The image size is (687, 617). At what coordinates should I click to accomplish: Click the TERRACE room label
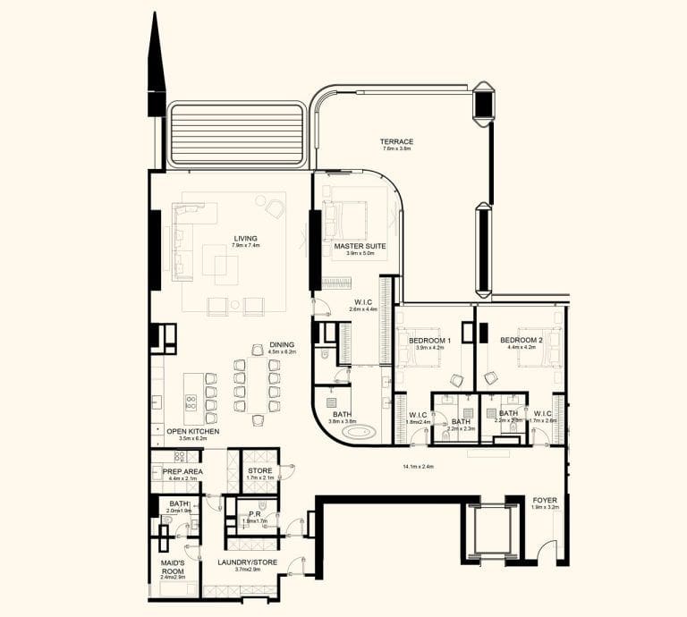tap(396, 141)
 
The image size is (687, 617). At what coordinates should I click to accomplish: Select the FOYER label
tap(545, 500)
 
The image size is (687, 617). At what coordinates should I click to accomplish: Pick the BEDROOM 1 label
tap(429, 341)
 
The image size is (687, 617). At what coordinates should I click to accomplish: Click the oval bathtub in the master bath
tap(361, 432)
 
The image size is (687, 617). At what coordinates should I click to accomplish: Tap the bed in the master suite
tap(348, 219)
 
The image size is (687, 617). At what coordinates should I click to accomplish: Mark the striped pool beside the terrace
tap(236, 133)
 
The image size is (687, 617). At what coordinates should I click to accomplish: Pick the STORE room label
tap(259, 470)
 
